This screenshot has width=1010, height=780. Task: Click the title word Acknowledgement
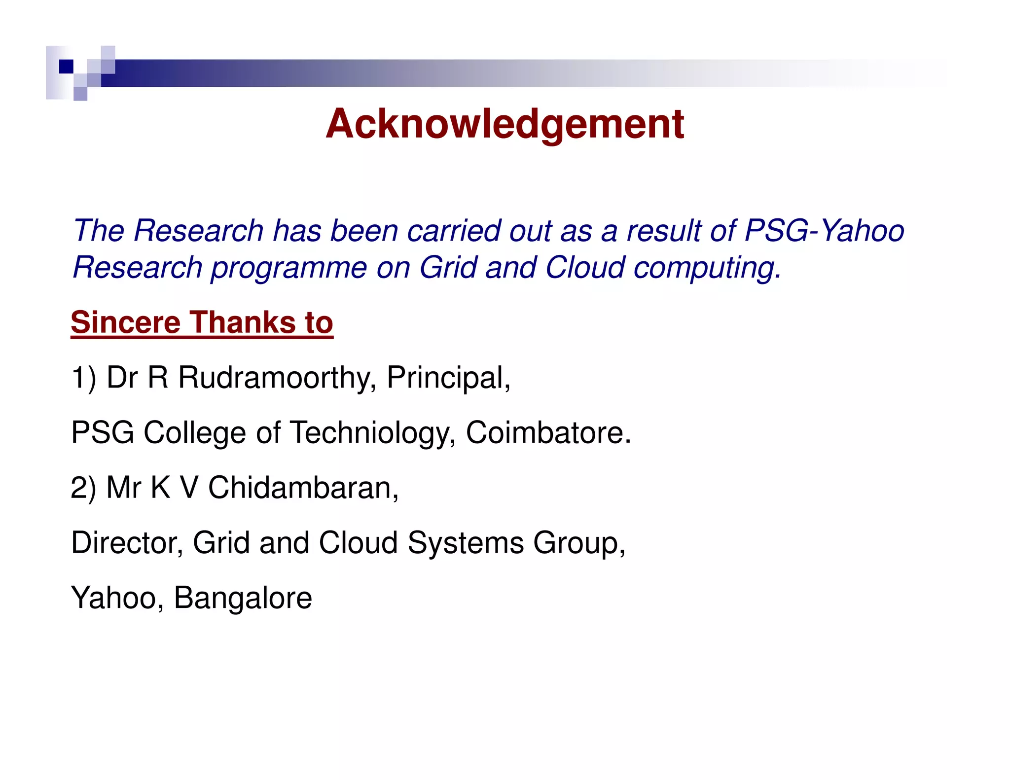505,124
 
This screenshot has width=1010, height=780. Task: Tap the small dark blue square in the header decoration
66,66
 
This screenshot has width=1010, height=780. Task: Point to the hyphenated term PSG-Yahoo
824,231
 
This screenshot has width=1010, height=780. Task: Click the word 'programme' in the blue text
289,268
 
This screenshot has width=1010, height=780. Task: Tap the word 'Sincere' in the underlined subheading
126,322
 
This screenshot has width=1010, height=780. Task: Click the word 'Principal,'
448,378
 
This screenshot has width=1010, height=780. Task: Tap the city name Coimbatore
548,433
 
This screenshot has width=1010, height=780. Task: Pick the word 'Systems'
466,543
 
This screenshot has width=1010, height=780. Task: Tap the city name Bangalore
243,598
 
